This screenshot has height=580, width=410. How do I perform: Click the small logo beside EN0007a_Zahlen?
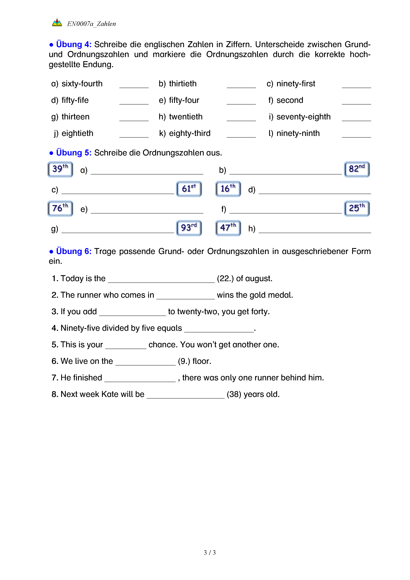coord(57,23)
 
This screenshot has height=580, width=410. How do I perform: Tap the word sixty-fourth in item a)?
coord(82,84)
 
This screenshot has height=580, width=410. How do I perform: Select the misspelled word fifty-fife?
coord(75,100)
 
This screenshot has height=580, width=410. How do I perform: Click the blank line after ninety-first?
coord(356,86)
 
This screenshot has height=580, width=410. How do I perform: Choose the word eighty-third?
coord(190,133)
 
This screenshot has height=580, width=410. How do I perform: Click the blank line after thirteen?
coord(134,119)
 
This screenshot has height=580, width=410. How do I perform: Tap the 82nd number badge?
coord(357,169)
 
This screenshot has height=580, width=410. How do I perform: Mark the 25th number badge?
coord(357,208)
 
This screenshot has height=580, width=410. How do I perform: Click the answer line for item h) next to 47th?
coord(315,230)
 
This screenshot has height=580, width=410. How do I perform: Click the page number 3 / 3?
coord(209,553)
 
